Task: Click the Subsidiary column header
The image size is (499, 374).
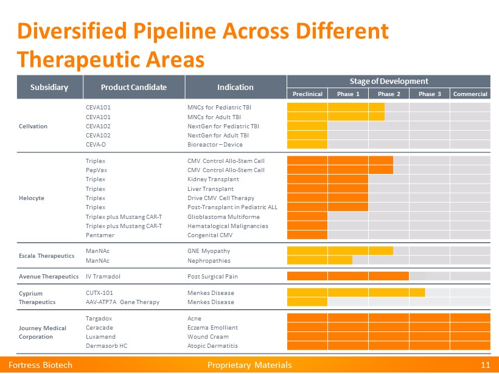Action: click(x=49, y=87)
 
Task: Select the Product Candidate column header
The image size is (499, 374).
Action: click(x=133, y=87)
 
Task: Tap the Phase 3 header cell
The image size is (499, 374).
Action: click(x=429, y=94)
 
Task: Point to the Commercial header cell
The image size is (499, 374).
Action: click(x=470, y=94)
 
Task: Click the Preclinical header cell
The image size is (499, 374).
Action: click(x=307, y=94)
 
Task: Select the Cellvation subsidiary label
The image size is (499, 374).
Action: click(x=33, y=126)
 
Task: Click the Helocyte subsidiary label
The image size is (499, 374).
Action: click(x=31, y=198)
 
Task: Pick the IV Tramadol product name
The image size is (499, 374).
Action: click(x=103, y=276)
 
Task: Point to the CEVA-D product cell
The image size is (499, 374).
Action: click(x=97, y=144)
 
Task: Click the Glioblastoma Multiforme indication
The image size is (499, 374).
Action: click(x=223, y=216)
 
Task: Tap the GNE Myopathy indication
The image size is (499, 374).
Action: click(x=208, y=251)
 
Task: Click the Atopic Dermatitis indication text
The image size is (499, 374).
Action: click(x=212, y=345)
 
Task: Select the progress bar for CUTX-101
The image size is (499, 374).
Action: click(x=355, y=292)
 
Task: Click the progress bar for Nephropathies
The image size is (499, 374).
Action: click(x=319, y=260)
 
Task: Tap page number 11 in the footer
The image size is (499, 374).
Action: click(x=485, y=365)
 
